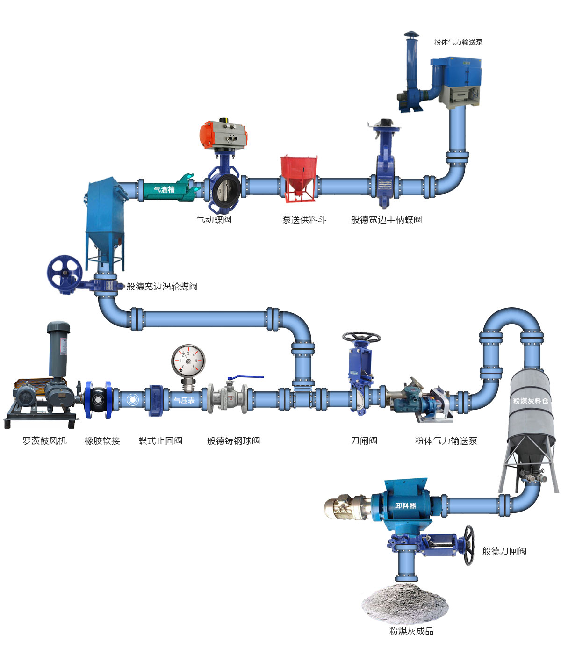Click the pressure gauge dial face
[x=188, y=361]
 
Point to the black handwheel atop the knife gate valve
[x=361, y=337]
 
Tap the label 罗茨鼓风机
[x=44, y=440]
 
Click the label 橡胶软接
[x=102, y=440]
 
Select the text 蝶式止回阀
[x=160, y=440]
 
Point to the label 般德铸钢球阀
[x=233, y=440]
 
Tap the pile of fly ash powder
[x=405, y=603]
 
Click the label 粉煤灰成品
[x=411, y=631]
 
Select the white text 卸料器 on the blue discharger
[x=405, y=505]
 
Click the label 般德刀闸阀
[x=504, y=551]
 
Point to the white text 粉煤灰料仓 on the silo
[x=531, y=401]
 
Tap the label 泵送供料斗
[x=304, y=219]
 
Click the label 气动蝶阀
[x=214, y=219]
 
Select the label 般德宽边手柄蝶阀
[x=386, y=219]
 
